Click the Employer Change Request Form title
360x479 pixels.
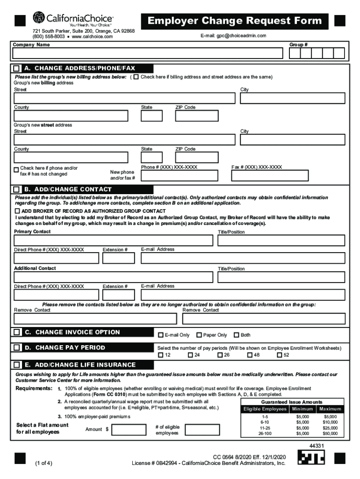point(235,21)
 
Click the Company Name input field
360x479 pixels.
point(148,53)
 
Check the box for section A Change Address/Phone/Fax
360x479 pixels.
point(17,68)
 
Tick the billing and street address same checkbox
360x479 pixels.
point(136,77)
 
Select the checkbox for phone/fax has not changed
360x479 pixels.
point(16,168)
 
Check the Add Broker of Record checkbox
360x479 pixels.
point(17,211)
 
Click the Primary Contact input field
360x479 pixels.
point(113,240)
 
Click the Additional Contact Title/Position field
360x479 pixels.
point(281,277)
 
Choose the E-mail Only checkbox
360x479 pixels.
point(161,335)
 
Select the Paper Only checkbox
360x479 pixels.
point(199,335)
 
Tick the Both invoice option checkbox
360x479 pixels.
point(237,335)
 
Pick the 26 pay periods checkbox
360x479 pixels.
point(220,355)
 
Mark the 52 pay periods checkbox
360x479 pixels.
point(280,355)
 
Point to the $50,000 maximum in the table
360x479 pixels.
point(330,434)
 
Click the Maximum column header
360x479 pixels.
point(330,409)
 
